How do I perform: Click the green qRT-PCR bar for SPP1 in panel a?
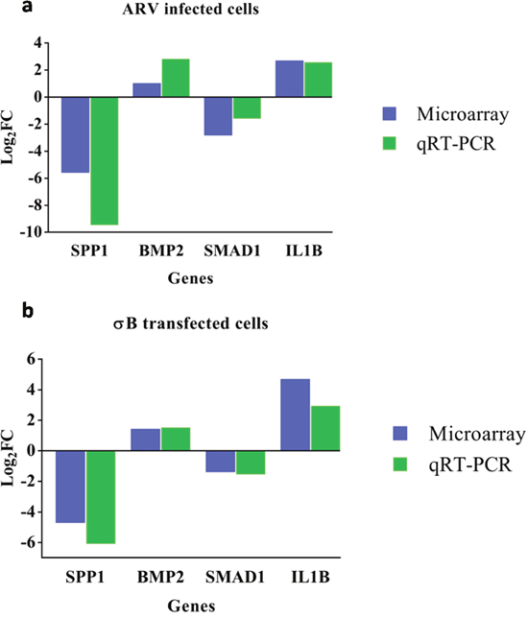pyautogui.click(x=105, y=160)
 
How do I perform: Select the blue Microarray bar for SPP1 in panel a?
pyautogui.click(x=75, y=134)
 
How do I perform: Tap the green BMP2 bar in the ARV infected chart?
pyautogui.click(x=176, y=78)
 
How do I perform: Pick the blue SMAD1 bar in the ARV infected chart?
pyautogui.click(x=218, y=116)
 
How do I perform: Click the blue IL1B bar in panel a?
pyautogui.click(x=290, y=79)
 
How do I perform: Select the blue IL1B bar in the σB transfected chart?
pyautogui.click(x=295, y=415)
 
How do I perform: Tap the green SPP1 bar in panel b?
pyautogui.click(x=101, y=497)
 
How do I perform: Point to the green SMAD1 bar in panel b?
pyautogui.click(x=251, y=463)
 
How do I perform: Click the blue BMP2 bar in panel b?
pyautogui.click(x=145, y=440)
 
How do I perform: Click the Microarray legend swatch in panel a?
pyautogui.click(x=390, y=113)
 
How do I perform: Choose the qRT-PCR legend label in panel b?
pyautogui.click(x=470, y=464)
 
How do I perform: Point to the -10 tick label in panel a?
pyautogui.click(x=31, y=232)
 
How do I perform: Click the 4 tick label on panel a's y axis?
pyautogui.click(x=37, y=42)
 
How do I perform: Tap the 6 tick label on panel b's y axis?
pyautogui.click(x=31, y=359)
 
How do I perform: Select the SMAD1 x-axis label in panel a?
pyautogui.click(x=232, y=250)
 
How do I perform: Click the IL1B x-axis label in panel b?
pyautogui.click(x=310, y=578)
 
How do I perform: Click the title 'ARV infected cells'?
pyautogui.click(x=190, y=9)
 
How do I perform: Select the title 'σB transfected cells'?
pyautogui.click(x=191, y=323)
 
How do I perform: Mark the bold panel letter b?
pyautogui.click(x=28, y=311)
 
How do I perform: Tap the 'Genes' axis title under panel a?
pyautogui.click(x=190, y=278)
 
